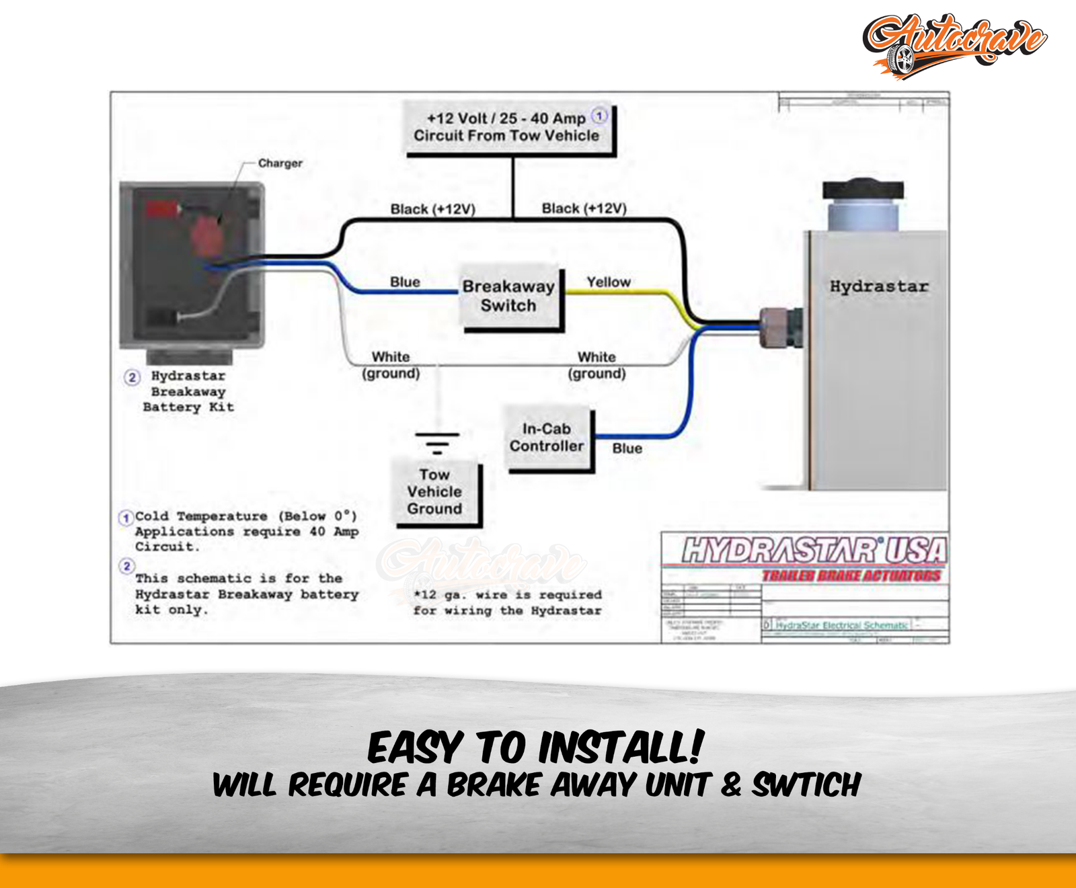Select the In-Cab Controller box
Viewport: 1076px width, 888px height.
547,438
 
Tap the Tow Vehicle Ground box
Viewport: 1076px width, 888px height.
434,491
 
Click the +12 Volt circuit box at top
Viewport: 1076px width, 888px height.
508,127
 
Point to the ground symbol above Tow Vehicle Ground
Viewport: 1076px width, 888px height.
437,443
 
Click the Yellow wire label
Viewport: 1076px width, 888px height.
609,282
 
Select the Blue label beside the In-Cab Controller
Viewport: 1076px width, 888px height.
627,448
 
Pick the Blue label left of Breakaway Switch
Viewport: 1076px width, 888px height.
405,282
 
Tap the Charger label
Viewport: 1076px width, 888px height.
280,163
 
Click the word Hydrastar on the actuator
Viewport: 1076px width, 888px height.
878,286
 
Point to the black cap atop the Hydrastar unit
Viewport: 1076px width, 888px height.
863,190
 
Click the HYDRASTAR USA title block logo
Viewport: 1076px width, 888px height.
814,551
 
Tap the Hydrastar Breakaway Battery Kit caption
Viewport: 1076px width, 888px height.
188,391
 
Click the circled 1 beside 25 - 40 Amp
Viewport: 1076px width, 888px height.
599,116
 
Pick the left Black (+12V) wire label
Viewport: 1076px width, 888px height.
432,209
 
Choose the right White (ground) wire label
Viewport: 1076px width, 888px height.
597,365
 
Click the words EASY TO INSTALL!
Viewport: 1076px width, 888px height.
536,748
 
